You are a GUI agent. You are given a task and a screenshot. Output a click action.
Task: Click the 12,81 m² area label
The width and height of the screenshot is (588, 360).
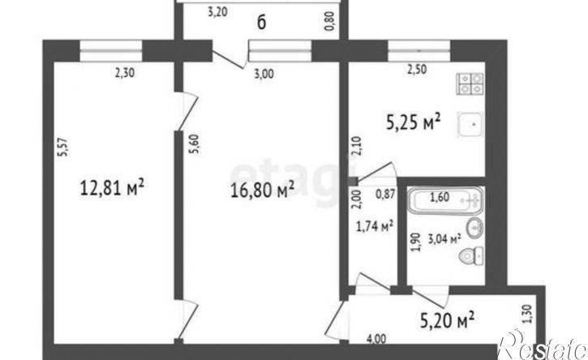click(x=112, y=186)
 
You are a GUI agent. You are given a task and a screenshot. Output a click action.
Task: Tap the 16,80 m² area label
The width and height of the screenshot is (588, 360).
click(x=263, y=190)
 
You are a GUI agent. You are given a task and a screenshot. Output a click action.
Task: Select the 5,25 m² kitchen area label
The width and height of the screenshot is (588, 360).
click(x=414, y=122)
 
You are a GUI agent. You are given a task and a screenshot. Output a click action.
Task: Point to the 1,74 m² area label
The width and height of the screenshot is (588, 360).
click(x=374, y=226)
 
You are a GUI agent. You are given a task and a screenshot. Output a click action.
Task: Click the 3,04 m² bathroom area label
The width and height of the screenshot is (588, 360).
click(x=444, y=238)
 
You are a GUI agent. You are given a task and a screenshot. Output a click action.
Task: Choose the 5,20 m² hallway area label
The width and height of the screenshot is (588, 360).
click(x=447, y=321)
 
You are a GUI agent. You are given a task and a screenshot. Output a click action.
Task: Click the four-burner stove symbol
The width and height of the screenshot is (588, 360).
click(x=470, y=84)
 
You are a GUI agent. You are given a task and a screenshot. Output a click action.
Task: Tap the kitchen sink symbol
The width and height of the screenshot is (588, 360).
click(x=470, y=125)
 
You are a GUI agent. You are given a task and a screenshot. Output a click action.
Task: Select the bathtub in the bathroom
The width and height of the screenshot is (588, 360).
click(x=445, y=199)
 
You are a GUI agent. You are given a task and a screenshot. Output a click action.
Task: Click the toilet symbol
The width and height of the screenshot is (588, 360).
click(x=471, y=256)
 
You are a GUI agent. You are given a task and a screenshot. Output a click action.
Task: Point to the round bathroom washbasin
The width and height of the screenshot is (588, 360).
click(x=474, y=227)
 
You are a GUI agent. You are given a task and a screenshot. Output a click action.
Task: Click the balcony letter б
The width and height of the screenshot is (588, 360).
click(x=261, y=23)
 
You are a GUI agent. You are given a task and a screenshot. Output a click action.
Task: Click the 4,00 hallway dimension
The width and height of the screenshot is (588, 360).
click(x=376, y=339)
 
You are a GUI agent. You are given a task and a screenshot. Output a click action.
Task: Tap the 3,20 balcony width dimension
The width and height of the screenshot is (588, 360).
click(x=217, y=12)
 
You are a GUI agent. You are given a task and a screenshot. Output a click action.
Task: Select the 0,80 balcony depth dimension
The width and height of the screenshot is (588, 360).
click(x=331, y=22)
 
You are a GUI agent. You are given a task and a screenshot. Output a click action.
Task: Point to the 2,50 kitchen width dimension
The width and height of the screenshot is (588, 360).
click(x=417, y=70)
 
